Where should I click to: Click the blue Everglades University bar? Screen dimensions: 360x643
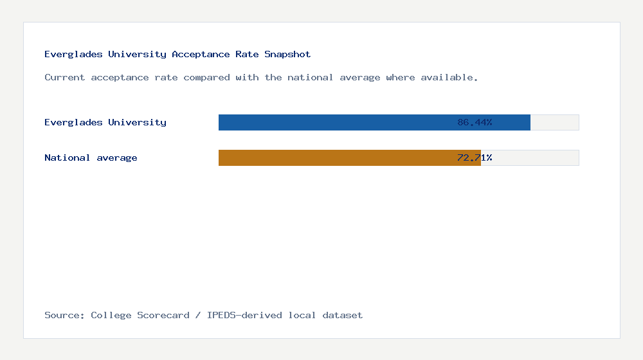(x=334, y=122)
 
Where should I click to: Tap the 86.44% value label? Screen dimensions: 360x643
(x=475, y=122)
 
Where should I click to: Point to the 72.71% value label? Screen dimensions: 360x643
(x=475, y=157)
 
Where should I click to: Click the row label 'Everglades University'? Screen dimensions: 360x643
(x=105, y=122)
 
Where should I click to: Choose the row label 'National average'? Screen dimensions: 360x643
(x=91, y=157)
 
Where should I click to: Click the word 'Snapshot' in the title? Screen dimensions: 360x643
(x=287, y=54)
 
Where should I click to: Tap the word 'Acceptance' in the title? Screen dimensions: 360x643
(x=201, y=54)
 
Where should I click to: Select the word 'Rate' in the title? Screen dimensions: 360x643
(x=247, y=54)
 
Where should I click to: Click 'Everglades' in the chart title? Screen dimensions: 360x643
(x=73, y=54)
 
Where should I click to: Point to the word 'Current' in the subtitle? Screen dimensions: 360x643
(x=65, y=77)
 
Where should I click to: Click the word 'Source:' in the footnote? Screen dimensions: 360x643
(x=65, y=315)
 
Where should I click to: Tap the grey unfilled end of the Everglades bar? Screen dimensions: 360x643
(x=554, y=122)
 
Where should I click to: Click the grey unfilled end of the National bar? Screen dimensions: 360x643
(x=530, y=157)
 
